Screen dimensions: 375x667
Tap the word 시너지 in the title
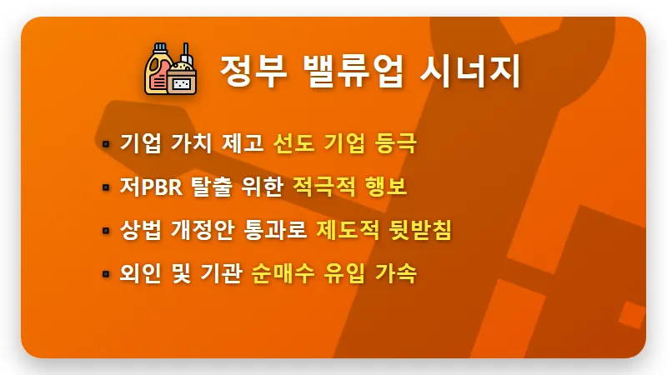click(x=474, y=72)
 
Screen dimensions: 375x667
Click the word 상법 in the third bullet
click(x=139, y=230)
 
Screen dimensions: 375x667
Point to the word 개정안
click(x=201, y=230)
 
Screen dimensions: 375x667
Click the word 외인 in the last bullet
click(x=139, y=273)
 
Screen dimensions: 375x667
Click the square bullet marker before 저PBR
click(x=107, y=187)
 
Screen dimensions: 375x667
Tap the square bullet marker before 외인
click(x=107, y=274)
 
